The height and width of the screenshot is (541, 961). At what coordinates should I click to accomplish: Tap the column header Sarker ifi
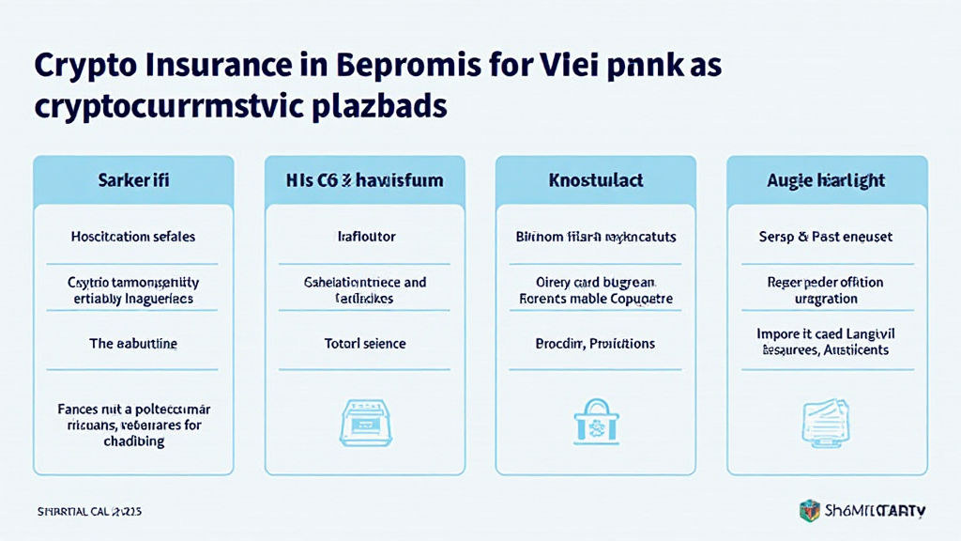[x=132, y=178]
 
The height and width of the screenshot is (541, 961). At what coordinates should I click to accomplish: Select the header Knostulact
[x=597, y=178]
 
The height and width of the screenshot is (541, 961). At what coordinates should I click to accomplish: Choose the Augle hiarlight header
[x=827, y=178]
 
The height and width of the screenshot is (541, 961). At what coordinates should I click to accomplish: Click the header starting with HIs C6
[x=365, y=178]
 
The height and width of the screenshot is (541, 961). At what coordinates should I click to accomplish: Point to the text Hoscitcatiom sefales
[x=132, y=237]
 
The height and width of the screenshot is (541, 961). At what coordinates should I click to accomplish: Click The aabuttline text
[x=132, y=344]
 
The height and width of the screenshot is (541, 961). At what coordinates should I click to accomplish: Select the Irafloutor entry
[x=365, y=237]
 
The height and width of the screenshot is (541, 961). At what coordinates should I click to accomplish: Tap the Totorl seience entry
[x=365, y=344]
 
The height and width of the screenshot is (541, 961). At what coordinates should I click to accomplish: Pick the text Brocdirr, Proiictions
[x=597, y=344]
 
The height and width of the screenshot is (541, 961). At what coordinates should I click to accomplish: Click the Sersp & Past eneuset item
[x=827, y=237]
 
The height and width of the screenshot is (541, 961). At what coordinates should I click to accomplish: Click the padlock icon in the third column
[x=597, y=418]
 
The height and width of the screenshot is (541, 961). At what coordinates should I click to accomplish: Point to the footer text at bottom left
[x=89, y=512]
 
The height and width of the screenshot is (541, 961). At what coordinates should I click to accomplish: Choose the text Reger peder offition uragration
[x=827, y=290]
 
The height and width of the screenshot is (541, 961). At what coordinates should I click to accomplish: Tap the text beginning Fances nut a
[x=132, y=425]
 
